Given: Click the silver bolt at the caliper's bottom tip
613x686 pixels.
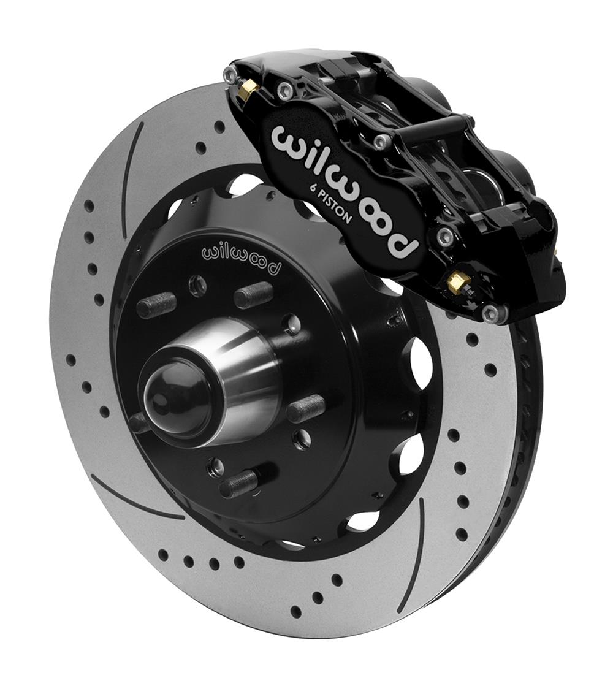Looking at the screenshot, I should tap(491, 314).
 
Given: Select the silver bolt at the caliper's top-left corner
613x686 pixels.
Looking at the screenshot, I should tap(230, 75).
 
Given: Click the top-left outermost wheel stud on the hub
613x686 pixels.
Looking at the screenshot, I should tap(156, 304).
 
